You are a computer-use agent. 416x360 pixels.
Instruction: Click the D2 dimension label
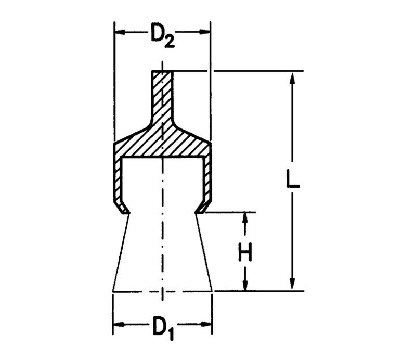pyautogui.click(x=162, y=35)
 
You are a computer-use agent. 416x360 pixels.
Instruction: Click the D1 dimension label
pyautogui.click(x=163, y=328)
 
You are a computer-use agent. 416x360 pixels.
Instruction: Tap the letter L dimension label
pyautogui.click(x=293, y=179)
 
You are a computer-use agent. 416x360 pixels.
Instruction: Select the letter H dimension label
pyautogui.click(x=244, y=252)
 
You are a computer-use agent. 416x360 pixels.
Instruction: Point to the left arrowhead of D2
pyautogui.click(x=120, y=32)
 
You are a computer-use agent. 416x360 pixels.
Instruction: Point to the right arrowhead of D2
pyautogui.click(x=204, y=32)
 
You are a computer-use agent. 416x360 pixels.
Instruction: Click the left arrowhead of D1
pyautogui.click(x=119, y=325)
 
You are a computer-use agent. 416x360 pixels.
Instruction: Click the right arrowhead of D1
pyautogui.click(x=206, y=325)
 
